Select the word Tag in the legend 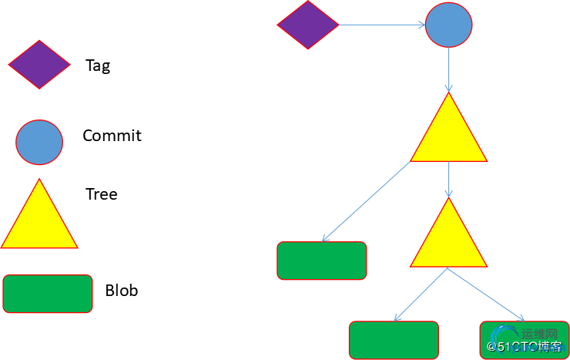pyautogui.click(x=98, y=66)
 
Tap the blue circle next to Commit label pyautogui.click(x=39, y=142)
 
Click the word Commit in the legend pyautogui.click(x=112, y=136)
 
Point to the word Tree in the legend pyautogui.click(x=102, y=193)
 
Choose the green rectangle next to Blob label pyautogui.click(x=48, y=294)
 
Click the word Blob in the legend pyautogui.click(x=122, y=291)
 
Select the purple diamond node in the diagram pyautogui.click(x=308, y=25)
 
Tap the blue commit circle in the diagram pyautogui.click(x=449, y=25)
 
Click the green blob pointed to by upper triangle pyautogui.click(x=322, y=261)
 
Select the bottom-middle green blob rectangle pyautogui.click(x=394, y=340)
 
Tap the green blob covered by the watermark pyautogui.click(x=524, y=340)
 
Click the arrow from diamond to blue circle pyautogui.click(x=382, y=25)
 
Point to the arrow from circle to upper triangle pyautogui.click(x=449, y=70)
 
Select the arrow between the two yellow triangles pyautogui.click(x=449, y=179)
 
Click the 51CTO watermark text pyautogui.click(x=525, y=348)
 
